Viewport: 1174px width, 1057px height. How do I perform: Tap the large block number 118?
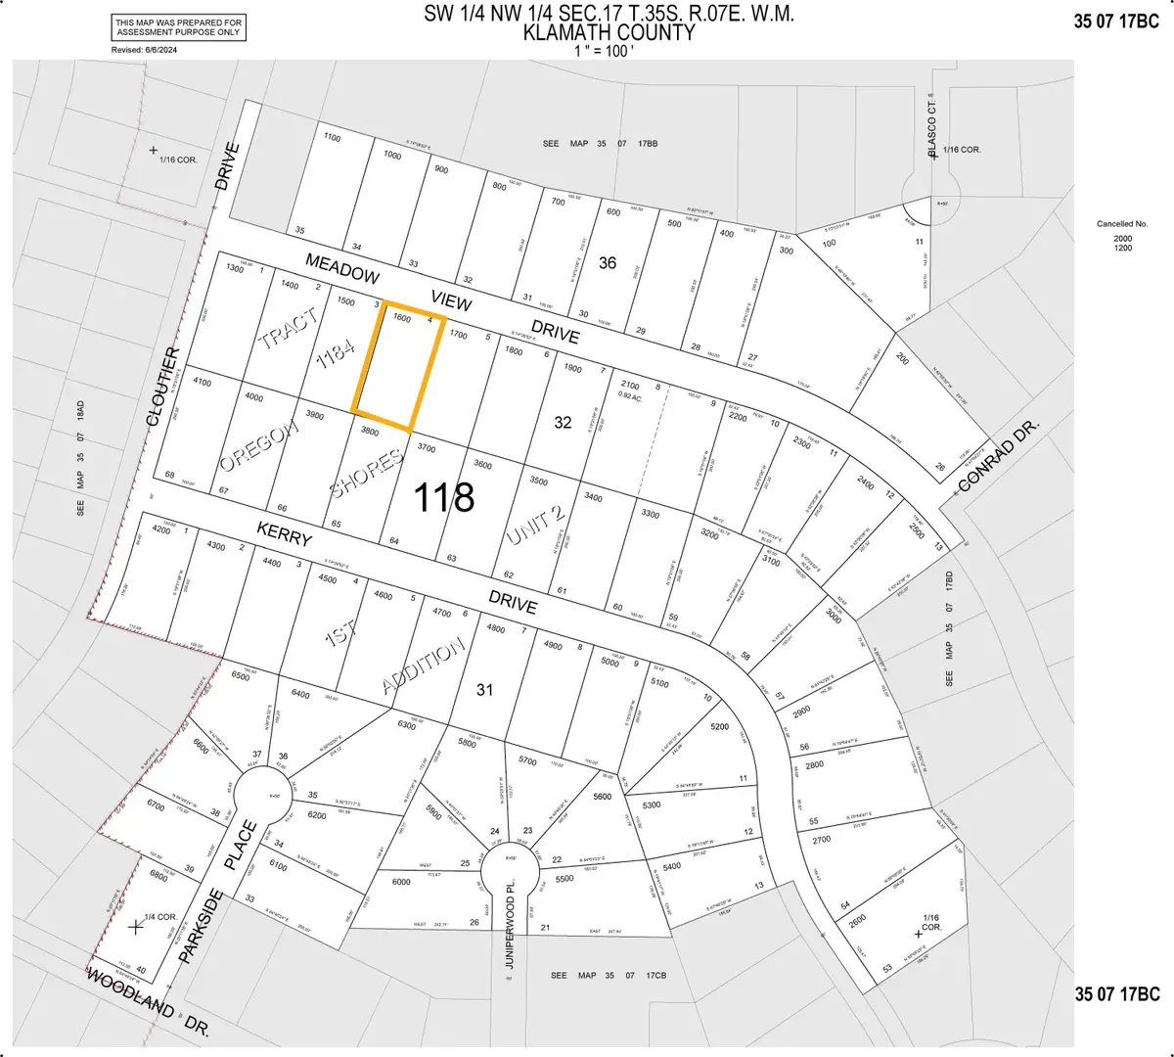(443, 497)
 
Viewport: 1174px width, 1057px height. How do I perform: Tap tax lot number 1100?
(332, 138)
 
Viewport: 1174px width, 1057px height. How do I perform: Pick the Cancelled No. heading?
(1122, 224)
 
